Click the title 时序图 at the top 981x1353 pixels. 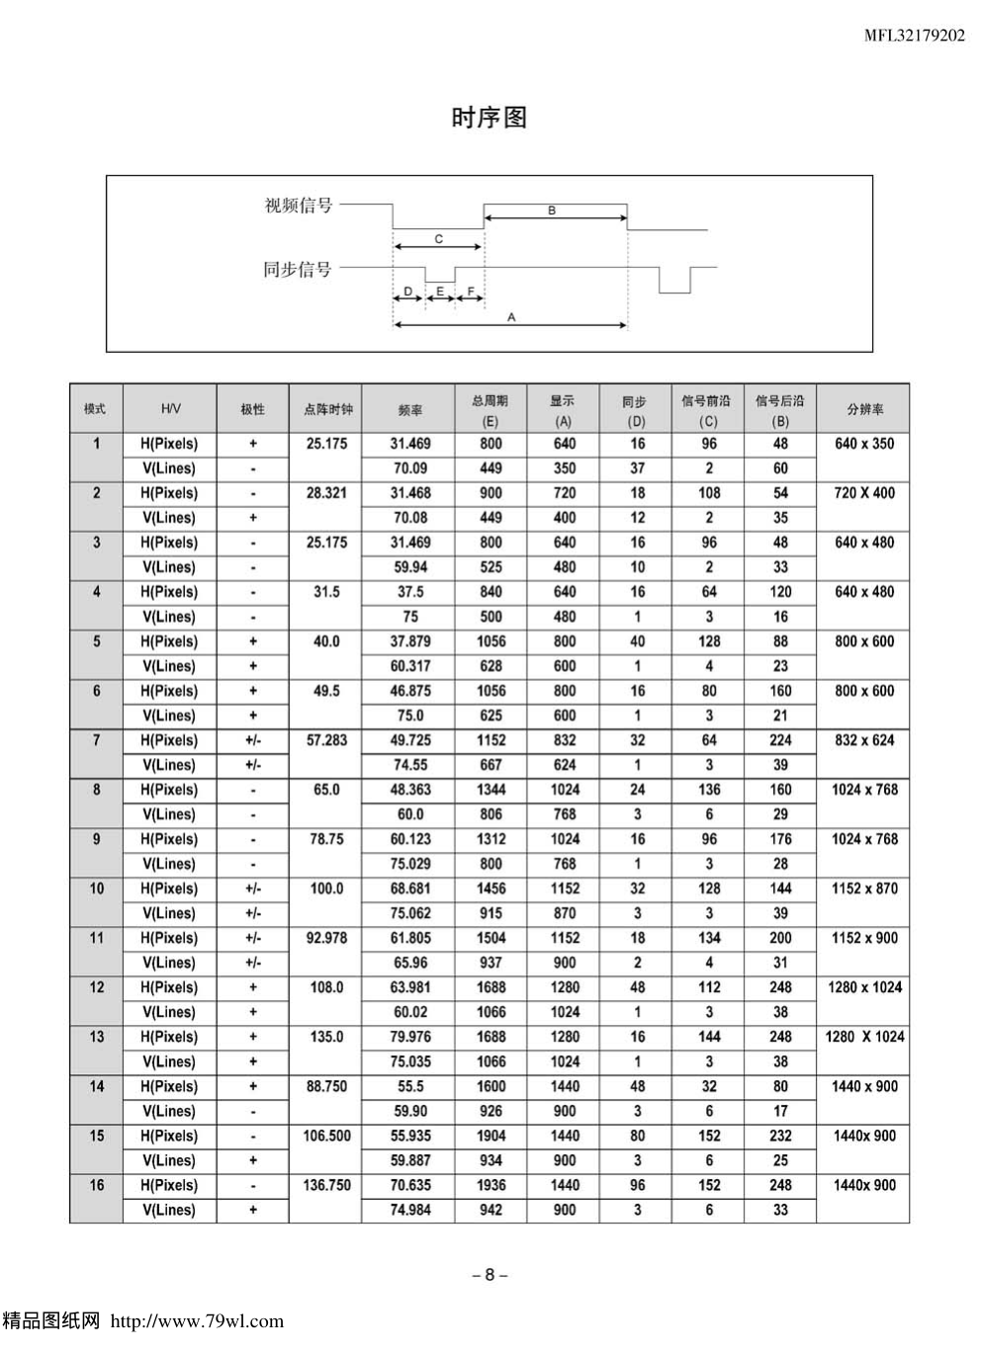tap(489, 118)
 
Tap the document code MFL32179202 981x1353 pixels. tap(915, 37)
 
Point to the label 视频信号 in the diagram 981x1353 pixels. tap(299, 206)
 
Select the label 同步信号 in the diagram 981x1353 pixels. tap(298, 269)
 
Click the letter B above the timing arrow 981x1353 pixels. tap(552, 211)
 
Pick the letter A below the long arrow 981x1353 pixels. tap(511, 317)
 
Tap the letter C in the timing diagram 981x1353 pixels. tap(438, 239)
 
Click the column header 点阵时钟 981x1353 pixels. tap(326, 409)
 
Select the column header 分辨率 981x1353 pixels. tap(864, 409)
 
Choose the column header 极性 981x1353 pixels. tap(253, 409)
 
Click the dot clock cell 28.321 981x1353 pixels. tap(326, 493)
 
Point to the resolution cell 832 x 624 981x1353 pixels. tap(864, 740)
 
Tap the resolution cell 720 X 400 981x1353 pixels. tap(864, 493)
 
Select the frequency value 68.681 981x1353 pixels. tap(409, 888)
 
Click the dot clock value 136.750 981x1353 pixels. tap(326, 1185)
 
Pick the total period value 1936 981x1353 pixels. tap(490, 1185)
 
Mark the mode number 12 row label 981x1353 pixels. tap(96, 987)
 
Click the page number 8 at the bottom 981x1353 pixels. tap(490, 1274)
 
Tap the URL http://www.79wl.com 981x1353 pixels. tap(196, 1321)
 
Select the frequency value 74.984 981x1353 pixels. tap(409, 1210)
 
